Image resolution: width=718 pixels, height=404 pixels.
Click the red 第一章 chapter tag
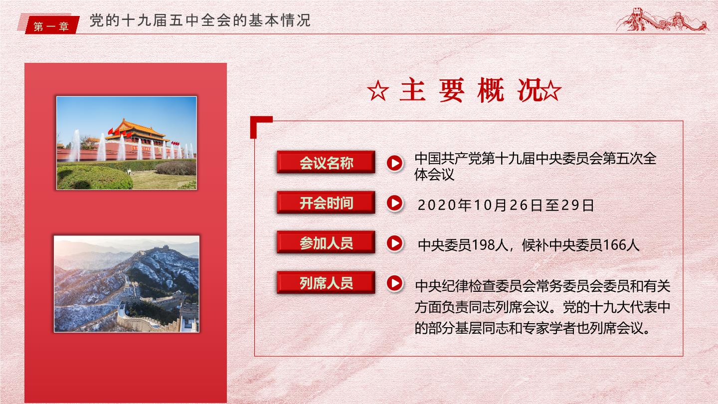pos(52,25)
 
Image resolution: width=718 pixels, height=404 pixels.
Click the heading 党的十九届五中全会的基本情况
pos(200,20)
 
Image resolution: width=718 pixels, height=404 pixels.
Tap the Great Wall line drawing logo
pos(662,20)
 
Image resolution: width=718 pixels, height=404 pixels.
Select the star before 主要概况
pos(378,91)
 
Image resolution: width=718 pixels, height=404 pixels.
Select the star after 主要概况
pos(550,91)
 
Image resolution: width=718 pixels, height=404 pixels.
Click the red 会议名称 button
pos(326,162)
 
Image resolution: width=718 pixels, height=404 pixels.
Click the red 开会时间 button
pos(326,202)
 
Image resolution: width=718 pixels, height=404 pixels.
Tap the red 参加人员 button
pos(326,242)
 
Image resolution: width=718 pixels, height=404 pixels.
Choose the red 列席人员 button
pos(326,282)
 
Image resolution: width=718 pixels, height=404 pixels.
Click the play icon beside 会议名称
pos(394,163)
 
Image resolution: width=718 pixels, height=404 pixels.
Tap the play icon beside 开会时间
pos(394,203)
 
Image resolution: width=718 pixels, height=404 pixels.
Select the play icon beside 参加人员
pos(394,243)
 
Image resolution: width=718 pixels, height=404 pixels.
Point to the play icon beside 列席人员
pos(394,283)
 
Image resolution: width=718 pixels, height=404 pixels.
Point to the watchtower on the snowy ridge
pos(166,247)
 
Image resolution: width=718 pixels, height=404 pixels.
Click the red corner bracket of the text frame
pos(258,123)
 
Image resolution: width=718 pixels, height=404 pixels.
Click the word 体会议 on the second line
pos(434,175)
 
